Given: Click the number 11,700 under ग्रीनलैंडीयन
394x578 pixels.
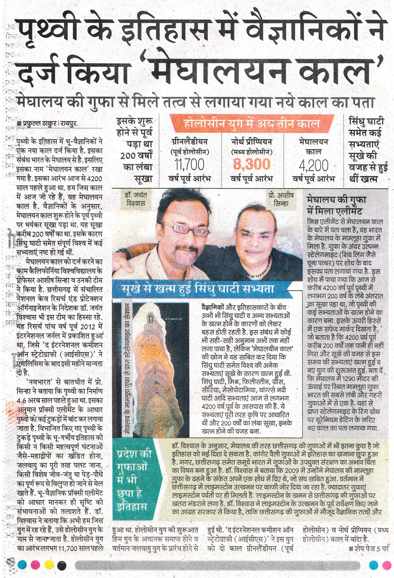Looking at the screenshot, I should pyautogui.click(x=190, y=164).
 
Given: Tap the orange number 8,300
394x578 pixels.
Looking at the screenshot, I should pyautogui.click(x=252, y=164).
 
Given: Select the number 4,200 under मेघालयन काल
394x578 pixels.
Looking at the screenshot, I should pyautogui.click(x=314, y=165).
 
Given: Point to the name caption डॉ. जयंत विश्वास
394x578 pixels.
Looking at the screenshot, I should pyautogui.click(x=136, y=199).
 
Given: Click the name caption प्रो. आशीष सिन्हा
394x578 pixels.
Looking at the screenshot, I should pyautogui.click(x=278, y=199).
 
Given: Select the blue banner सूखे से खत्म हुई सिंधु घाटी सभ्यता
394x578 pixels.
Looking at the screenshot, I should pyautogui.click(x=198, y=289).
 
